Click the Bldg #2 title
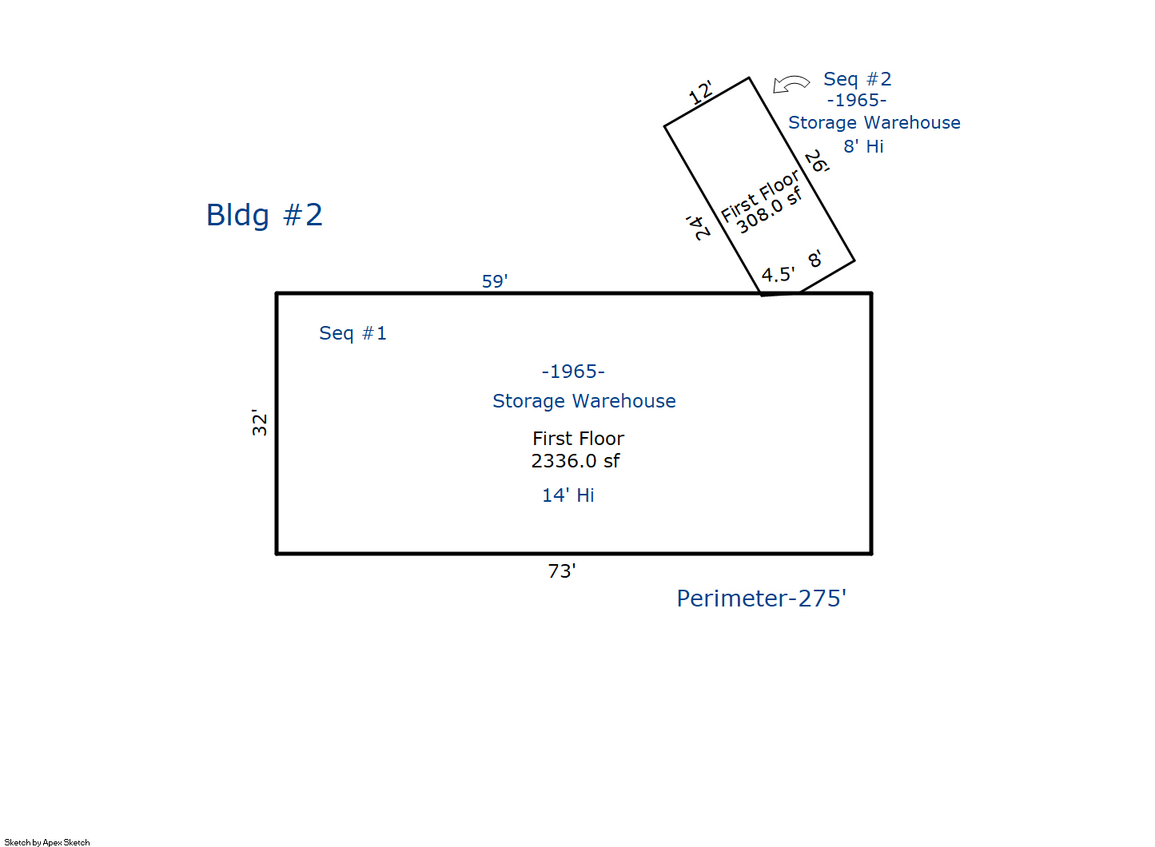264,215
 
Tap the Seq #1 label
352,333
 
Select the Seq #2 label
857,79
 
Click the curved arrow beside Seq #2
791,84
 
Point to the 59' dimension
495,281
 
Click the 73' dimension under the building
562,571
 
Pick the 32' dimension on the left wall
259,423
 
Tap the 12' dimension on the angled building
701,92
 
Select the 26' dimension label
817,161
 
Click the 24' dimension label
698,228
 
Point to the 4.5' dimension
778,274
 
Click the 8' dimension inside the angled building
814,258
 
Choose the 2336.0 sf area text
576,461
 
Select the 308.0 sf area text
769,210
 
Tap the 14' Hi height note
568,495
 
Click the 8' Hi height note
863,146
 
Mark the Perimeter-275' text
761,598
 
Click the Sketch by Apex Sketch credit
47,842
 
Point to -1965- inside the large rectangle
573,372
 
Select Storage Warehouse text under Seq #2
874,123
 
